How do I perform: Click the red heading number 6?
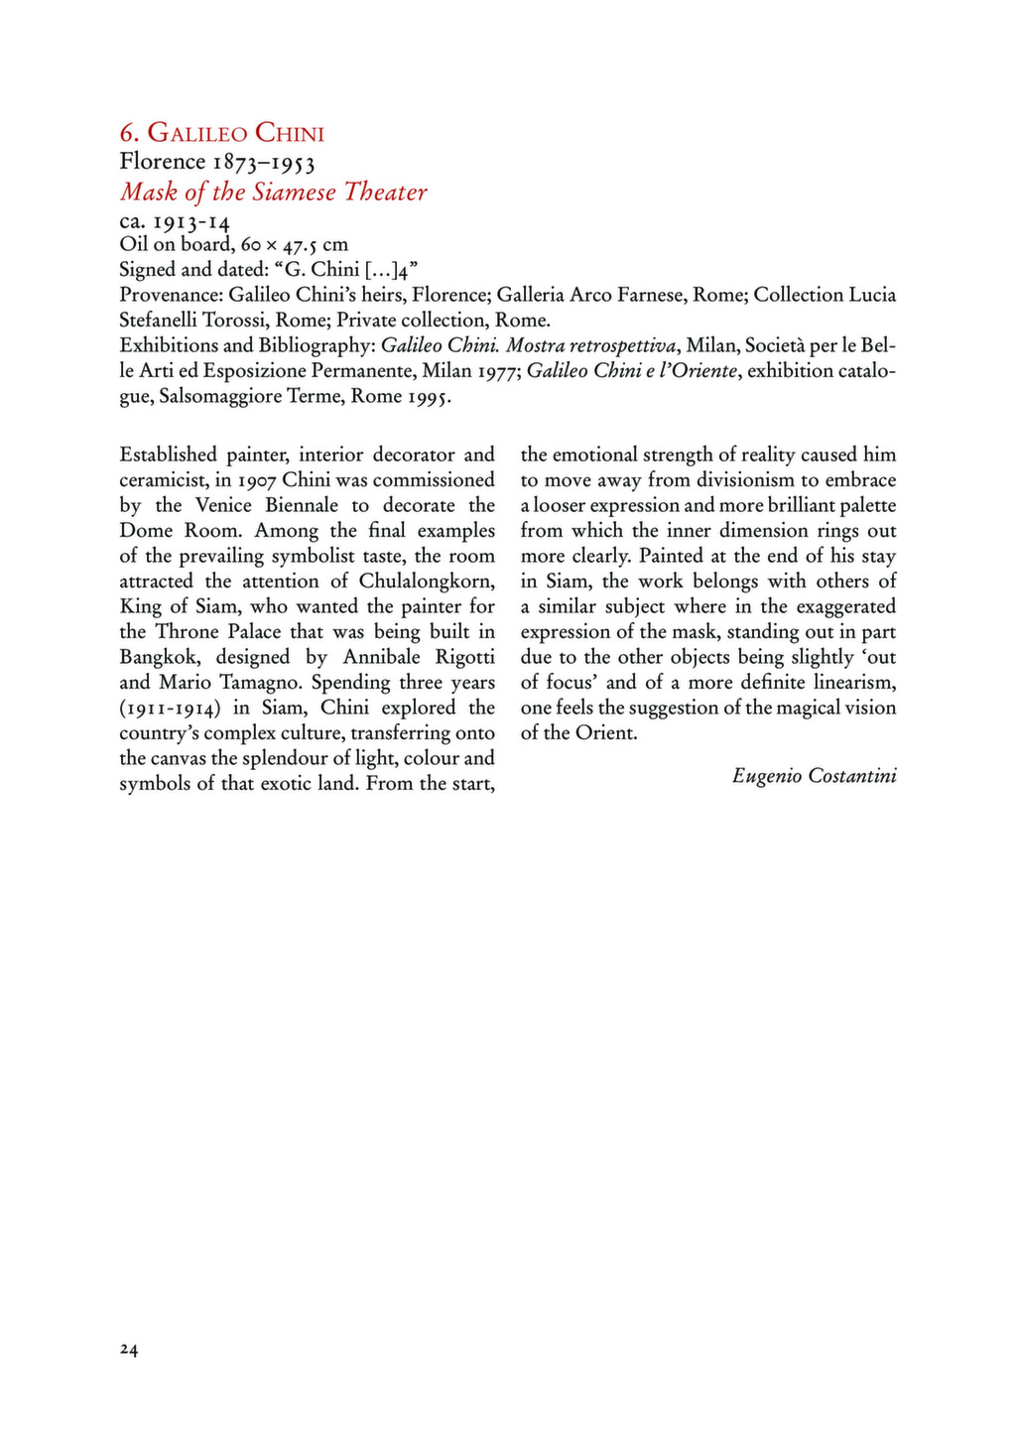[127, 133]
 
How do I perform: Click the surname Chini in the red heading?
[290, 133]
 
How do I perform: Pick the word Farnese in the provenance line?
[643, 295]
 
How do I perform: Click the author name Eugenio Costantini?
[814, 776]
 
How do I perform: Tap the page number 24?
[129, 1349]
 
